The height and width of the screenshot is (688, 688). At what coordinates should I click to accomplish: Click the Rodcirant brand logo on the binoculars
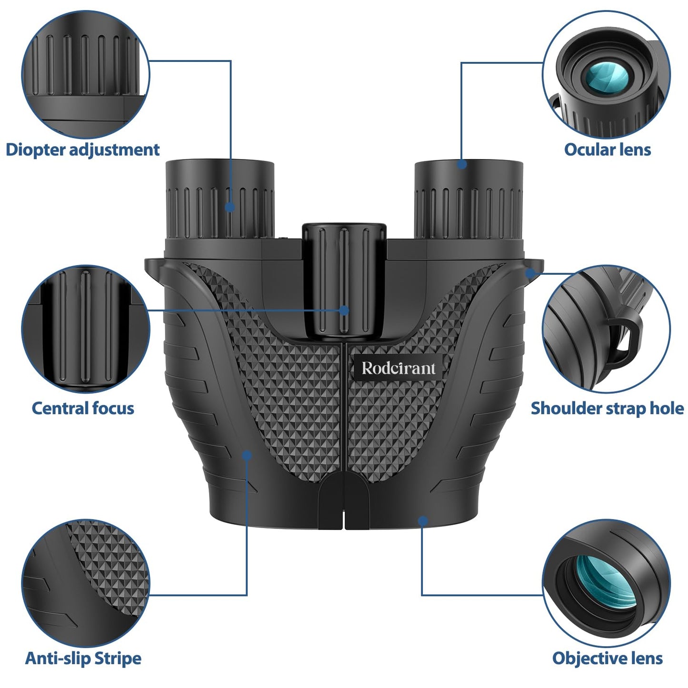(398, 368)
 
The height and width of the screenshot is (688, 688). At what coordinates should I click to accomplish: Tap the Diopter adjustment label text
(82, 150)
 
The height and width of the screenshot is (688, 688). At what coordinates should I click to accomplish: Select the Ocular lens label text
(607, 150)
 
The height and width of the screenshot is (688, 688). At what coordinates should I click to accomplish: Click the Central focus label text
(83, 408)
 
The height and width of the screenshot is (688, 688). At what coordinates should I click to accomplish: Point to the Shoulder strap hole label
(607, 408)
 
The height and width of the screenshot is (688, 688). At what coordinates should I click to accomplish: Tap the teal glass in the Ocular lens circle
(606, 76)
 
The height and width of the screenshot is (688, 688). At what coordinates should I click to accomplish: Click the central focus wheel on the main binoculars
(344, 281)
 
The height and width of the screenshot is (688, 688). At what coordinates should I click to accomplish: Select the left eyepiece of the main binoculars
(220, 200)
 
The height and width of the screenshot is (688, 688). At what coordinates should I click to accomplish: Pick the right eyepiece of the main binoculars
(469, 200)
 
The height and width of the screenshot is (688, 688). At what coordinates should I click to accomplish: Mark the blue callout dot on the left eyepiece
(230, 207)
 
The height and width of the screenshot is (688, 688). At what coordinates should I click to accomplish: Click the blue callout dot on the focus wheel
(344, 310)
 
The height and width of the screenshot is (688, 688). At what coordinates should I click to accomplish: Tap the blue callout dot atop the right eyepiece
(461, 164)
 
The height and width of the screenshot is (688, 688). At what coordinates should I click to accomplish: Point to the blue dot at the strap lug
(530, 273)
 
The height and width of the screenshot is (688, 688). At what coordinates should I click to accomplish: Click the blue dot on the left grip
(247, 455)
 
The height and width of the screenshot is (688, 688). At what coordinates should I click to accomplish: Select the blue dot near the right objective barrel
(422, 521)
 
